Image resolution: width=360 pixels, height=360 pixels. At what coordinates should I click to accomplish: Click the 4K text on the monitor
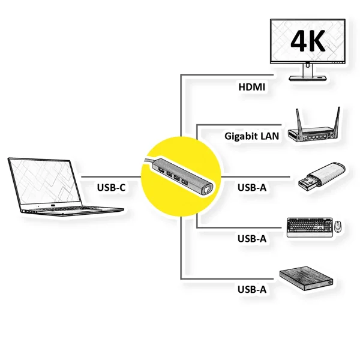point(308,41)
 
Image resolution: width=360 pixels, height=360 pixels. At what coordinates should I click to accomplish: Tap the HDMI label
point(251,86)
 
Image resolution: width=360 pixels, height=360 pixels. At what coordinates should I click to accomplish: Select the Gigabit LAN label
point(251,136)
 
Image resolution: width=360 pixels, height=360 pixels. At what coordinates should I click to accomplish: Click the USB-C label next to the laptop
point(111,187)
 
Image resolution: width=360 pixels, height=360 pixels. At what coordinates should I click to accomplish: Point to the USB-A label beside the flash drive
point(251,187)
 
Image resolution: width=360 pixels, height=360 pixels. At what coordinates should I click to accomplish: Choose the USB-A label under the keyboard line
point(251,238)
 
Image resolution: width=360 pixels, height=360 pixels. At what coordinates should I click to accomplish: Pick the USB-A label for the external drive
point(251,289)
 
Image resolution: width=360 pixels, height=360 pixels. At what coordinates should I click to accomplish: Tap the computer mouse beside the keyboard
point(337,227)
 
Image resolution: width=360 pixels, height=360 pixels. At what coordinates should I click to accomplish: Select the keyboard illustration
point(308,227)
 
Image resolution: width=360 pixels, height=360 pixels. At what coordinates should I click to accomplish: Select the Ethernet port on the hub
point(206,188)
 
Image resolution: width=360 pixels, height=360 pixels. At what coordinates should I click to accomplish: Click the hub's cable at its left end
point(148,161)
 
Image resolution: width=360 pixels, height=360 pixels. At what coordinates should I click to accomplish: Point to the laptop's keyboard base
point(72,209)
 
